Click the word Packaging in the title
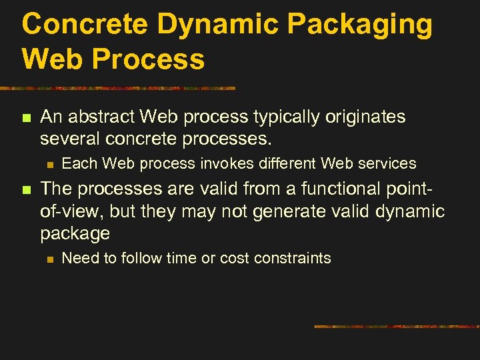click(x=361, y=25)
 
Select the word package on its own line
click(x=75, y=234)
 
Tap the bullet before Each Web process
click(x=49, y=164)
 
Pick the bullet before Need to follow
click(x=49, y=259)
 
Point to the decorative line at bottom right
click(x=396, y=327)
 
